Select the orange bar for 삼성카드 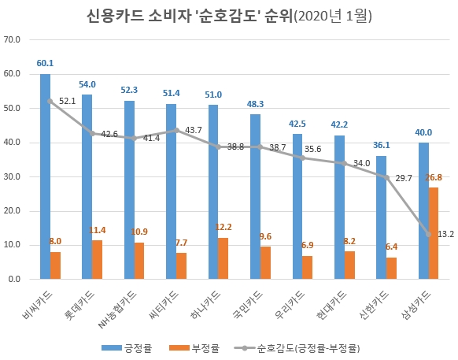(x=434, y=233)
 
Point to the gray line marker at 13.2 (x=429, y=234)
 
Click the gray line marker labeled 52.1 (x=50, y=101)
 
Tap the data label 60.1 (x=45, y=63)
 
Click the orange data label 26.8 (x=434, y=177)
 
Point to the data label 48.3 (x=255, y=103)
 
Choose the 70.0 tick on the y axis (x=12, y=39)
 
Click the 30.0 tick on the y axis (x=12, y=176)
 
